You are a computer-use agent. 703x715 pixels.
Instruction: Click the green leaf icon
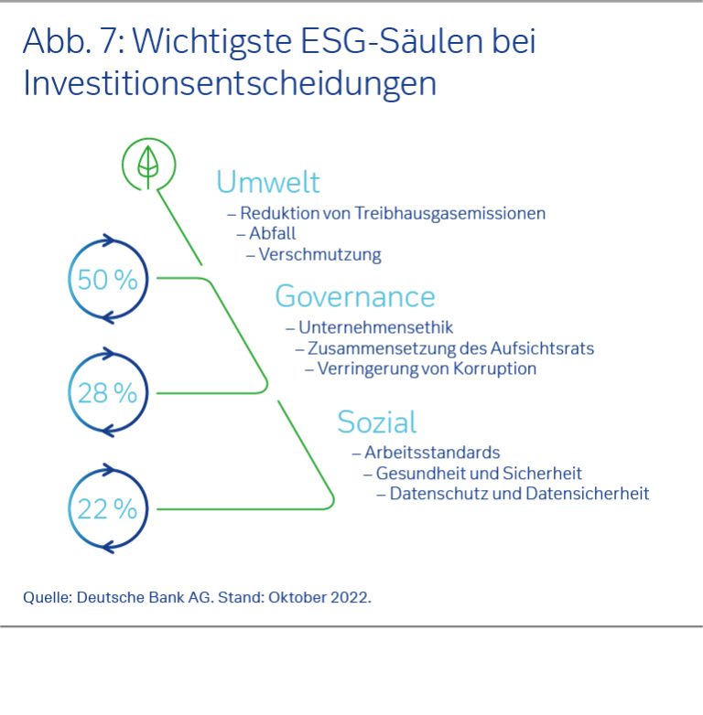coord(146,165)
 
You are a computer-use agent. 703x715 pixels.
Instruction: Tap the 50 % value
coord(107,280)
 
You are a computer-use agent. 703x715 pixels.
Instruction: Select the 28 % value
coord(107,393)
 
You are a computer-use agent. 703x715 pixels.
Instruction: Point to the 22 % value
coord(107,508)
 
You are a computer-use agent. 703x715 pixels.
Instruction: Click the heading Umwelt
coord(267,182)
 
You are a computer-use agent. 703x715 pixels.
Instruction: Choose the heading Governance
coord(354,296)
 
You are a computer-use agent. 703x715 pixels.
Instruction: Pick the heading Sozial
coord(376,422)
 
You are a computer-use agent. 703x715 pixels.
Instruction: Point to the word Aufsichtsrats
coord(546,348)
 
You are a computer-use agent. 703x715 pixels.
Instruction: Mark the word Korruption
coord(492,369)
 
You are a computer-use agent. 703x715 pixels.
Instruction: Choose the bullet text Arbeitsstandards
coord(432,453)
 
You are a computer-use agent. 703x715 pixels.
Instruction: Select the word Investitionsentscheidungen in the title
coord(229,83)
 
